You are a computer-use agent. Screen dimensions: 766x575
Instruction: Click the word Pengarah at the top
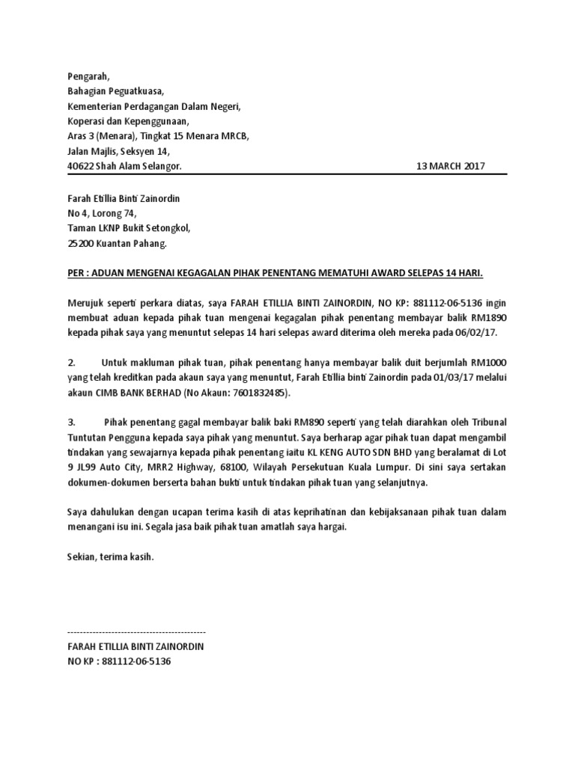click(88, 76)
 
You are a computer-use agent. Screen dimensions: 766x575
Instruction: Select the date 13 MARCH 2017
click(451, 166)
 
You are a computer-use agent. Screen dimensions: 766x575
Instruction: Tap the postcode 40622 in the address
click(82, 166)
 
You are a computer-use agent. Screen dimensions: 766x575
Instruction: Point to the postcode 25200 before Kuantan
click(82, 243)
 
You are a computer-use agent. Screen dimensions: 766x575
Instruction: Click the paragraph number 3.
click(71, 421)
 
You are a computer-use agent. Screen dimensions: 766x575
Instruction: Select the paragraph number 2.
click(71, 361)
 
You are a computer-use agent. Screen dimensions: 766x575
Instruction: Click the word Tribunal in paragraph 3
click(487, 421)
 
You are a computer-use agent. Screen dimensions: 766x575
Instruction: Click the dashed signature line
click(136, 632)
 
